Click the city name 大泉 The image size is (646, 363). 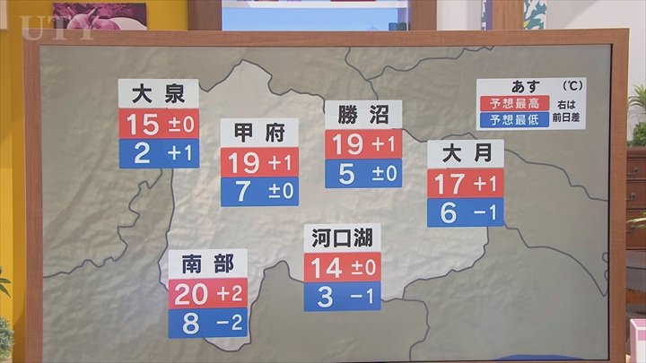coord(158,94)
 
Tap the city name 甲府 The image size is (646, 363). coord(259,133)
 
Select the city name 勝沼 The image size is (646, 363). coord(362,115)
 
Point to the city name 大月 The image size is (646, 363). coord(465,154)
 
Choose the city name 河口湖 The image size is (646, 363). coord(342,238)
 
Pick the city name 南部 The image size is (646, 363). coord(207,264)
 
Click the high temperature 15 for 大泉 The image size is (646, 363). coord(143,124)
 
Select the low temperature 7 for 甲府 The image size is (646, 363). coord(244,191)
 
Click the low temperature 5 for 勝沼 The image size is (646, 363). coord(347,172)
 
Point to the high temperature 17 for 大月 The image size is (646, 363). coord(450,184)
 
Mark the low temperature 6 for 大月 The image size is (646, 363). coord(450,212)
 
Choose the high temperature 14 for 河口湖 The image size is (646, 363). coord(327,268)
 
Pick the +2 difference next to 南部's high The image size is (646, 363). coord(231,293)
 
